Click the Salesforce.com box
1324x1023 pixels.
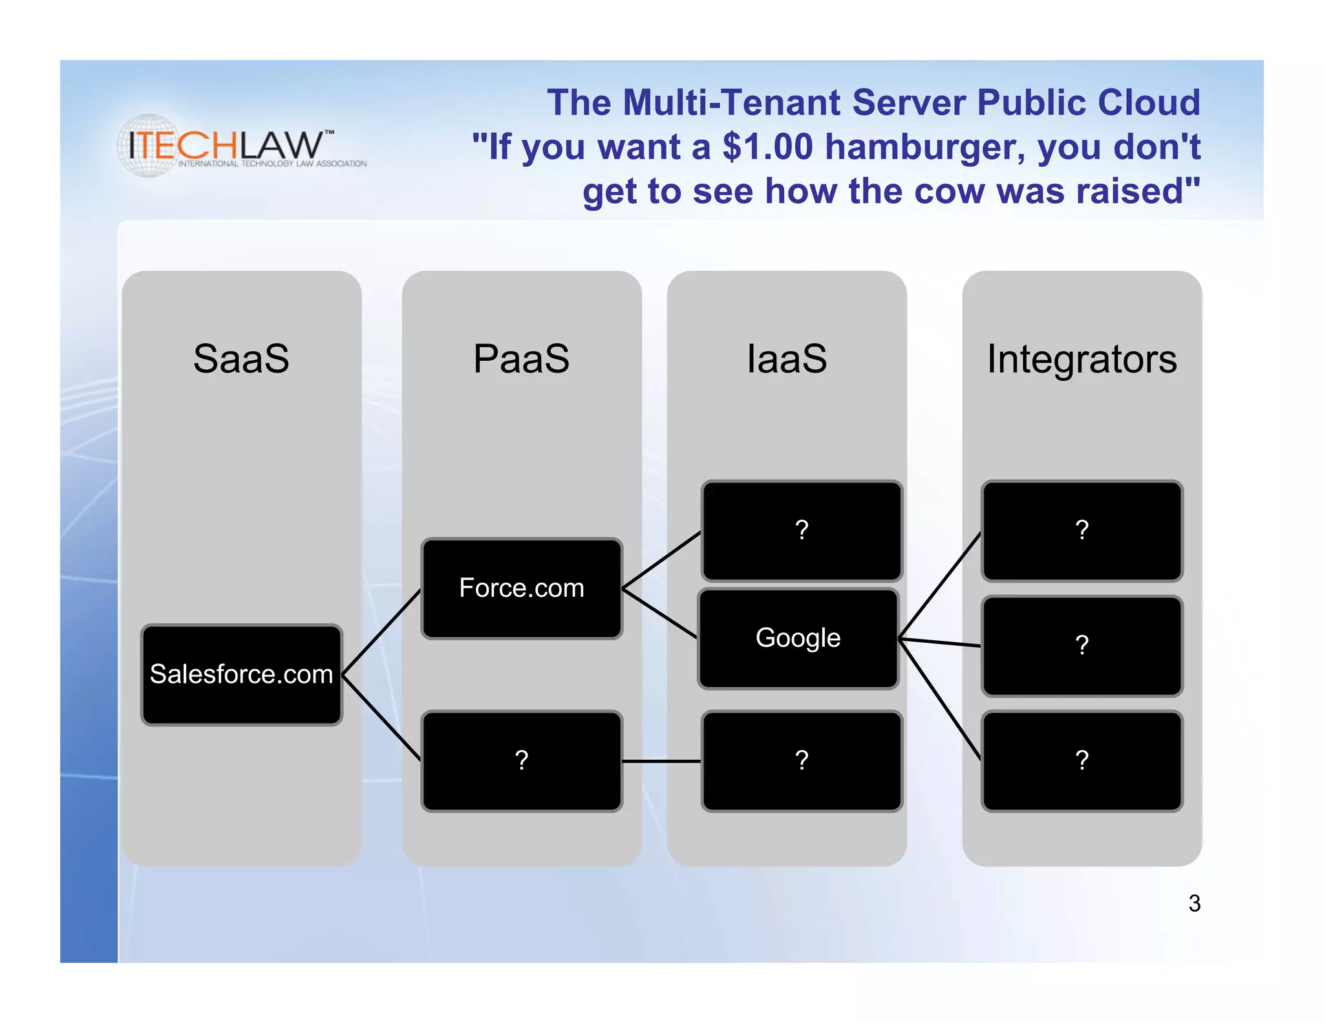point(241,674)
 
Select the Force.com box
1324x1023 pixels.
point(522,588)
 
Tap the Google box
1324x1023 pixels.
point(798,638)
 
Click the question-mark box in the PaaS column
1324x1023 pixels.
point(522,760)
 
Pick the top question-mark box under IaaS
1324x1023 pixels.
point(802,531)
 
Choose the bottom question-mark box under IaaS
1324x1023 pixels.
point(802,760)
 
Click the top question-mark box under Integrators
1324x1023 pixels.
point(1082,531)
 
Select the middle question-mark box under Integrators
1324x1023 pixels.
point(1082,645)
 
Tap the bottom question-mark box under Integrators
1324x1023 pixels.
point(1082,760)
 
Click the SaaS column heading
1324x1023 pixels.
point(241,359)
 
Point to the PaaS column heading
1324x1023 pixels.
point(522,359)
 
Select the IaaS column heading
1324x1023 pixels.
point(787,359)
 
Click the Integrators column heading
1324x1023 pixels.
point(1082,359)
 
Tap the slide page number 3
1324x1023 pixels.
point(1194,903)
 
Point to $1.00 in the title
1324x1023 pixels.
point(767,147)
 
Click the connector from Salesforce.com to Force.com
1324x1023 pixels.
point(381,632)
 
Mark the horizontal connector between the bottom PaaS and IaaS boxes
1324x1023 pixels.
point(661,761)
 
